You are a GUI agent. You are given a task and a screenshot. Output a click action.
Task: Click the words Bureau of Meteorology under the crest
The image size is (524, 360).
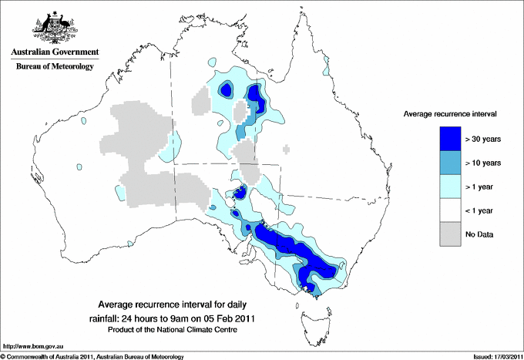pos(55,67)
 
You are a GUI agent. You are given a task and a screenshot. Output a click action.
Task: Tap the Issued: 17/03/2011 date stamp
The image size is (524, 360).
pos(493,356)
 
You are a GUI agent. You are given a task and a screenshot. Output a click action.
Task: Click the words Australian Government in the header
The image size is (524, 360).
pos(54,52)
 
